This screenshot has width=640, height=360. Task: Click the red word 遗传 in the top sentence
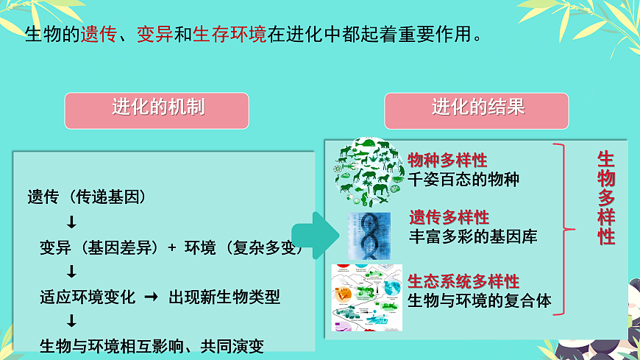[x=99, y=35]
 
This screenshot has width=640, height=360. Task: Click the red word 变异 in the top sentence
[x=154, y=35]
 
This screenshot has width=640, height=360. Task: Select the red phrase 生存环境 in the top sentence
[x=230, y=35]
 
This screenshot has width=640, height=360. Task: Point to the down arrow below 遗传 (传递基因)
[x=71, y=222]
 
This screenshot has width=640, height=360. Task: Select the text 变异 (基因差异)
[x=99, y=247]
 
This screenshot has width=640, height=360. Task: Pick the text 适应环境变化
[x=88, y=297]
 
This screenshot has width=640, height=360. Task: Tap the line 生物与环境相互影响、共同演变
[x=152, y=345]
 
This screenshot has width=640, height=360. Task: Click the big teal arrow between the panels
[x=312, y=235]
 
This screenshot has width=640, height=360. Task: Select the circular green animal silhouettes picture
[x=367, y=171]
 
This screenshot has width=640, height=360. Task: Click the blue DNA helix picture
[x=369, y=236]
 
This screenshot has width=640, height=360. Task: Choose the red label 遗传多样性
[x=449, y=217]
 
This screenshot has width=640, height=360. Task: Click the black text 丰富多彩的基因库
[x=472, y=236]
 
